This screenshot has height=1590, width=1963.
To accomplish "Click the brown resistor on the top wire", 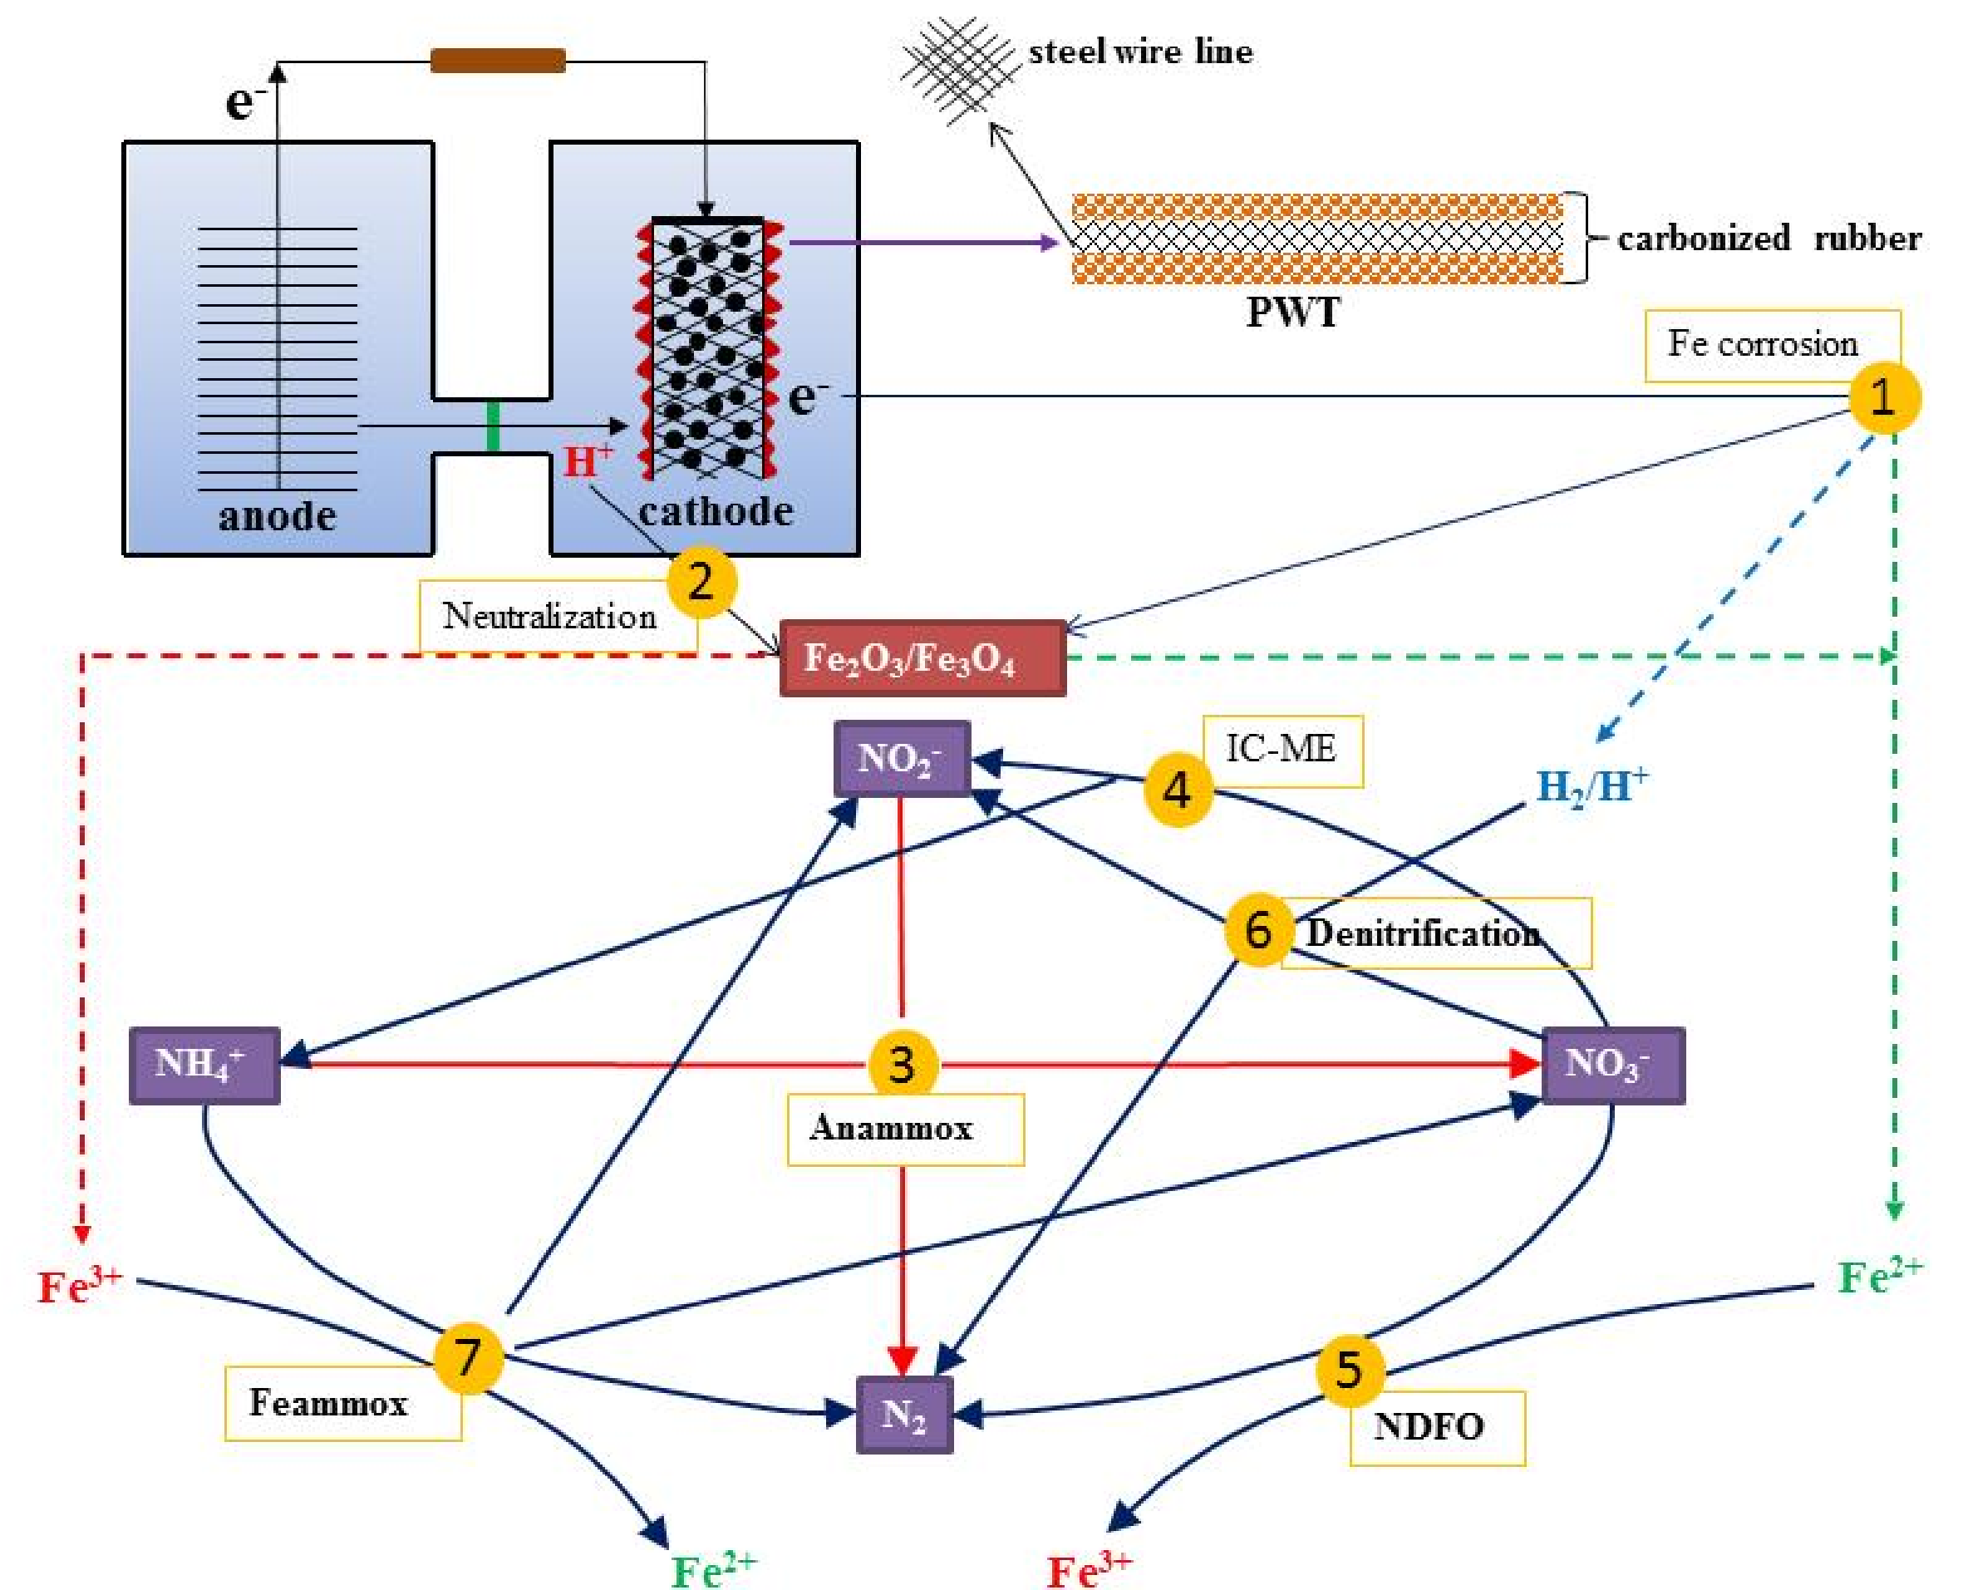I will click(497, 61).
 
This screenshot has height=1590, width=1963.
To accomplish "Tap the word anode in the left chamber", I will click(277, 515).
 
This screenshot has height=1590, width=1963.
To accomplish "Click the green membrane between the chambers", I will click(493, 426).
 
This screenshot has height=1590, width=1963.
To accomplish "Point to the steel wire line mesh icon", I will click(957, 70).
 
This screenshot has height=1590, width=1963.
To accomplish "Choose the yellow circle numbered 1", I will click(1884, 397).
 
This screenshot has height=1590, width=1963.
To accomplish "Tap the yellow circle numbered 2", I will click(701, 582).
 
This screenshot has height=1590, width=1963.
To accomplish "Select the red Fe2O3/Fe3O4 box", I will click(922, 658).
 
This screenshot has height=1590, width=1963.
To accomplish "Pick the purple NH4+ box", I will click(204, 1066).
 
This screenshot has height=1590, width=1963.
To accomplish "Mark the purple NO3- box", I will click(1612, 1066).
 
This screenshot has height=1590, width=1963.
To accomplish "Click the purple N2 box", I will click(903, 1414).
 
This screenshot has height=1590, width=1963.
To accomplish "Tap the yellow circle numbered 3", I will click(902, 1064).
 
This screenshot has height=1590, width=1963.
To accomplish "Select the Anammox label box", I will click(904, 1130).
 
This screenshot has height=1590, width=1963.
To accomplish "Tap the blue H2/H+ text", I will click(1592, 785).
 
